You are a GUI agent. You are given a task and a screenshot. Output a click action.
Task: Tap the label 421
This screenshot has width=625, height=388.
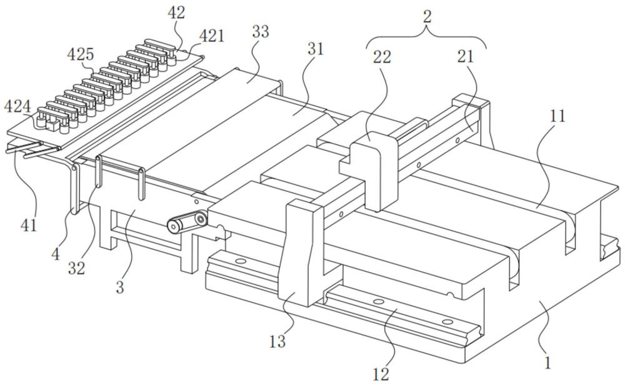[x=212, y=36]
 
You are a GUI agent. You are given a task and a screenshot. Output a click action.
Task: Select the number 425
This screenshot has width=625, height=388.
[x=81, y=54]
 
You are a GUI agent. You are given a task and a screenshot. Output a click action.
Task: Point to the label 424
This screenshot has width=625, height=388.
[x=17, y=107]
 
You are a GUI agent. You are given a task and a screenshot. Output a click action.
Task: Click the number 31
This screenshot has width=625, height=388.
[x=315, y=49]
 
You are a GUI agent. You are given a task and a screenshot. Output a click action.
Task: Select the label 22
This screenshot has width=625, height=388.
[x=382, y=57]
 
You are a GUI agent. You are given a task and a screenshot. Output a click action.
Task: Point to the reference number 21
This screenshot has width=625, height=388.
[x=465, y=56]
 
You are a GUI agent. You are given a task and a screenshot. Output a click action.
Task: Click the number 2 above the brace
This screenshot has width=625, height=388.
[x=427, y=16]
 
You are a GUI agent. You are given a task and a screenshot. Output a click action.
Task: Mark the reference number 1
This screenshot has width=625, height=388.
[x=547, y=362]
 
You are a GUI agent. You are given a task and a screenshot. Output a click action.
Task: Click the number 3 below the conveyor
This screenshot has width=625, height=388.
[x=119, y=287]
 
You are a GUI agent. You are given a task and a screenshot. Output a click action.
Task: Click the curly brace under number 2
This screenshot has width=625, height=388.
[x=427, y=36]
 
